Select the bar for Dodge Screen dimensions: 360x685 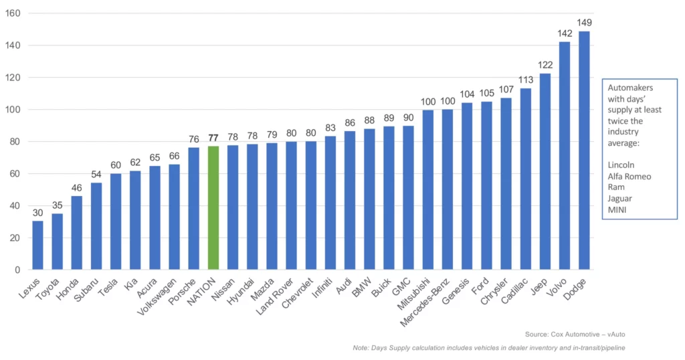(584, 151)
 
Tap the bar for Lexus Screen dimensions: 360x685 (37, 245)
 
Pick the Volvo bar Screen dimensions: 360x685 (565, 156)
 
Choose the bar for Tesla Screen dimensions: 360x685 (116, 221)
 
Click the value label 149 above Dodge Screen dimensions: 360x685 (584, 23)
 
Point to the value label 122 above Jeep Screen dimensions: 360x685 (545, 66)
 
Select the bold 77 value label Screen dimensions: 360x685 (213, 139)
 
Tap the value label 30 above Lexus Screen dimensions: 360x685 (37, 213)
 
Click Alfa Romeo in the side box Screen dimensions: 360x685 (629, 176)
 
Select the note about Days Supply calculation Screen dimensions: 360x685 (489, 348)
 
